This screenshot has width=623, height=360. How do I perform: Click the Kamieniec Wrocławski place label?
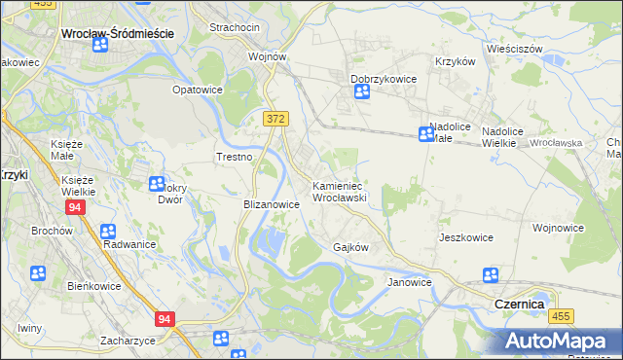[x=338, y=191]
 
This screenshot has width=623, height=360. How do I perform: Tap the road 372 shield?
[x=275, y=118]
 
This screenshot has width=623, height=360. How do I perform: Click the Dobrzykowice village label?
[x=384, y=79]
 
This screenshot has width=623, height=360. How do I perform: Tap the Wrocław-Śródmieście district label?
[x=117, y=32]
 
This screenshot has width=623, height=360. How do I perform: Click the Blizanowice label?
[x=270, y=204]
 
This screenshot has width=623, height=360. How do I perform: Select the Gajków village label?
[x=350, y=247]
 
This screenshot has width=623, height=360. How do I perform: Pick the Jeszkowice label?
[x=465, y=237]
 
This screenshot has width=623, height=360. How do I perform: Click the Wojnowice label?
[x=558, y=228]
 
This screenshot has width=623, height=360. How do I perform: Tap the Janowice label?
[x=409, y=282]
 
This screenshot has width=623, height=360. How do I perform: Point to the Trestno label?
[x=234, y=157]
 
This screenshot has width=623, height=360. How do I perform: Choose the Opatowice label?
[x=198, y=90]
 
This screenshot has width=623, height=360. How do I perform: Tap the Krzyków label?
[x=455, y=60]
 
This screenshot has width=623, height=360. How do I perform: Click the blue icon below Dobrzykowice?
[x=362, y=92]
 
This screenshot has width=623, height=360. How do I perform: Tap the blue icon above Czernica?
[x=491, y=276]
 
